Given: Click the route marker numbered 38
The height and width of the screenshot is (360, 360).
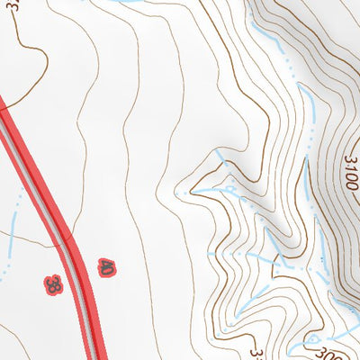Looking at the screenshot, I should [53, 285].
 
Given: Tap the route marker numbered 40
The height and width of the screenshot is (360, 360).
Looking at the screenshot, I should [108, 266].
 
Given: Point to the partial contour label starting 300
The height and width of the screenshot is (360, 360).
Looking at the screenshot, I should [317, 352].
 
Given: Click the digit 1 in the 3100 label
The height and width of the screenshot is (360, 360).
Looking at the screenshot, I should [351, 174].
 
